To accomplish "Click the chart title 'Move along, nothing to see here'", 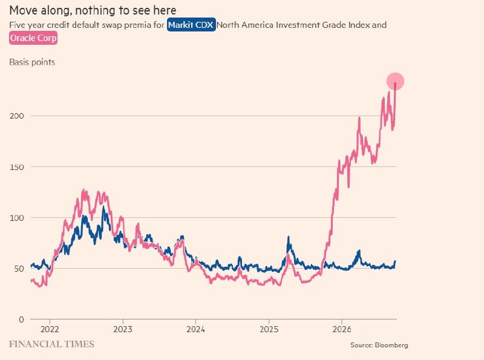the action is [93, 10].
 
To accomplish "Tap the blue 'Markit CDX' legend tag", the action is [191, 25].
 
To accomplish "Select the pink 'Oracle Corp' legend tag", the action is [33, 38].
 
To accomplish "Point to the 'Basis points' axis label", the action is [32, 62].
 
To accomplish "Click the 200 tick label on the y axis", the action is [17, 116].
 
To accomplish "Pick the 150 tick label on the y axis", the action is [17, 167].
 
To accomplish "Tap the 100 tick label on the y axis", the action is [17, 218].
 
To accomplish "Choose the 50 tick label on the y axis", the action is [19, 269].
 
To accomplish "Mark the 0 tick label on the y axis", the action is [21, 319].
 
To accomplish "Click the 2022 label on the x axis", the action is [50, 329].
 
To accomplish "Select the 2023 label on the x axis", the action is [123, 329].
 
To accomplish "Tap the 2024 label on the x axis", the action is [195, 329].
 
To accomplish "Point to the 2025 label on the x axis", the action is [269, 329].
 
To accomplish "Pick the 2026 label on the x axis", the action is [342, 329].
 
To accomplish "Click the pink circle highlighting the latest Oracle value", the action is [396, 82].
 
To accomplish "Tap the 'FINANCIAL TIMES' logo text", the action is [51, 344].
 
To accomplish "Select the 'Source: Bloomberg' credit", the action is [379, 345].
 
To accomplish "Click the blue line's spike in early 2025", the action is [289, 237].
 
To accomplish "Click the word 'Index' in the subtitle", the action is [359, 25].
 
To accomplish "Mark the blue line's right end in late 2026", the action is [395, 261].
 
